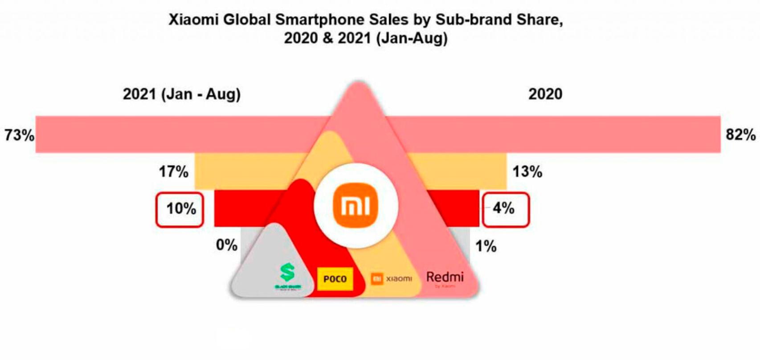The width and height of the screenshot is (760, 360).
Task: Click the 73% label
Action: [19, 135]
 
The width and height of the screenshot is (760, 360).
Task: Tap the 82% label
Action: [740, 134]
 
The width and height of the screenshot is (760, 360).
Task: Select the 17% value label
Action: [174, 171]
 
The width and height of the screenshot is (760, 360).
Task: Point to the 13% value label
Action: [527, 171]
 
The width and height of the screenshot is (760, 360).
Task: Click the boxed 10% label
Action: [180, 209]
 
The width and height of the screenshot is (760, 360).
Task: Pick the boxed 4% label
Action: [505, 209]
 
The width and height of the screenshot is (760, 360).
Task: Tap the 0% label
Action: [226, 245]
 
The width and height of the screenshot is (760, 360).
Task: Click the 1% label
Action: [486, 245]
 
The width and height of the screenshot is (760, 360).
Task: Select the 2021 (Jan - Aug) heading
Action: [182, 94]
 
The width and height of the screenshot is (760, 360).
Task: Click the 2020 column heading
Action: [545, 94]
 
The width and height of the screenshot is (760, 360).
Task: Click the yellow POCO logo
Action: [335, 279]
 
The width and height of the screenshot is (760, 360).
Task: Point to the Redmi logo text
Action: [445, 277]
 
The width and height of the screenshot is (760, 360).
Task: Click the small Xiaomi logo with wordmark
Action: [391, 278]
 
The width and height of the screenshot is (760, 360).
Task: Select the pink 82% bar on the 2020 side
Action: [579, 134]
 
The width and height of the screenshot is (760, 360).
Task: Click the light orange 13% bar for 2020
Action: [463, 171]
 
